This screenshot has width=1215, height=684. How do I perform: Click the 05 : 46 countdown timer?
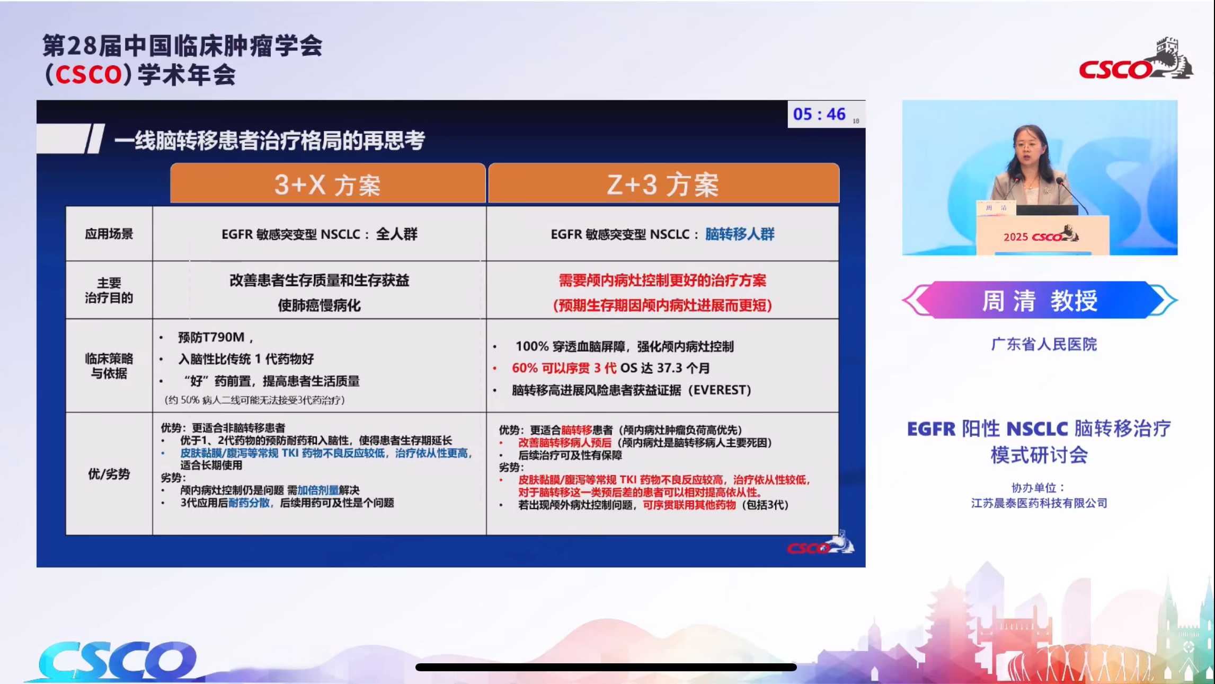pos(819,114)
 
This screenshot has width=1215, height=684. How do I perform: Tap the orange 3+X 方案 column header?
pos(327,185)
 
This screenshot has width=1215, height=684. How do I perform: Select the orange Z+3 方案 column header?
pos(663,185)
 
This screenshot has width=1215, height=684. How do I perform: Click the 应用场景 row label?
pos(109,234)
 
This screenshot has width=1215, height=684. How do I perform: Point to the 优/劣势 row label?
pos(109,473)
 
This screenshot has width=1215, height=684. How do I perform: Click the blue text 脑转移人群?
pos(740,234)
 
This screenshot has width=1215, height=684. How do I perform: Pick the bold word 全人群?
pos(396,234)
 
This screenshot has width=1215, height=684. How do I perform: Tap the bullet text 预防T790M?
pos(211,337)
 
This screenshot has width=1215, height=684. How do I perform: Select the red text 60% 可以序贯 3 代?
pos(564,368)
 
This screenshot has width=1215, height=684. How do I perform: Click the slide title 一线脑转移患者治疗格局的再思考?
pos(269,141)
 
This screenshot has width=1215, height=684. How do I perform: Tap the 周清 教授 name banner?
pos(1040,300)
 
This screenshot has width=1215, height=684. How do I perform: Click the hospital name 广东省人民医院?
pos(1044,344)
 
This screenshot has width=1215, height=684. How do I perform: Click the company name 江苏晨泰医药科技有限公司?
pos(1039,503)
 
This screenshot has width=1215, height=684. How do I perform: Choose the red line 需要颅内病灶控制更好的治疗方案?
pos(662,280)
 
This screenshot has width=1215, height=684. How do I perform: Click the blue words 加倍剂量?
pos(318,490)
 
